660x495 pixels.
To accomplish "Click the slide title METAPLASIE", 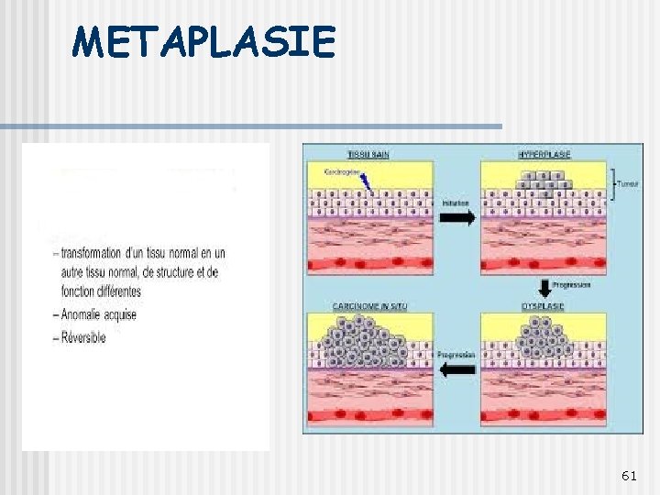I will tap(205, 42).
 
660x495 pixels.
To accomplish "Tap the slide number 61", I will tap(629, 475).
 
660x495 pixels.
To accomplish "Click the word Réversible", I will tap(83, 337).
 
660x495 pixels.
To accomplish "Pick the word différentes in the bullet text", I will tap(111, 291).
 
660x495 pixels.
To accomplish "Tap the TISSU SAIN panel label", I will tap(368, 154).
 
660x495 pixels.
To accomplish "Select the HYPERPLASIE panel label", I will tap(544, 154).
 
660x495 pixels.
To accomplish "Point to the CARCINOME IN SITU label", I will tap(367, 305).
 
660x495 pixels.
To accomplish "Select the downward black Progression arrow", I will tap(544, 286).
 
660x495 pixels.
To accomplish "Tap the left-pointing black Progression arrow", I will tap(456, 369).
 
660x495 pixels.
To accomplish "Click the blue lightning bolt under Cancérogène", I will tap(367, 183).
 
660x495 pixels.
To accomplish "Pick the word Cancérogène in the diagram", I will tap(344, 170).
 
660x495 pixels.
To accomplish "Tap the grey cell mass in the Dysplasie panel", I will tap(544, 339).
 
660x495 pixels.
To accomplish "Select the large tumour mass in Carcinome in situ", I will tap(365, 343).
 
